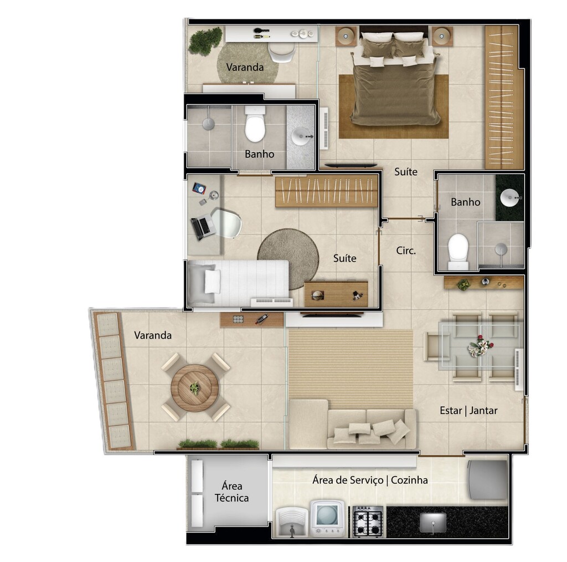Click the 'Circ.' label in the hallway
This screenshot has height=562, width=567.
406,251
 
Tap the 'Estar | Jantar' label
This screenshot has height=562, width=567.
468,410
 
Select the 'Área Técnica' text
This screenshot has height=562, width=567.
232,492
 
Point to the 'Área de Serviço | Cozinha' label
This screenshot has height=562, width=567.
370,480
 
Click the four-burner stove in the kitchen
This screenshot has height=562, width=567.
368,521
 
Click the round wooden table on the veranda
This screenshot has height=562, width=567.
194,388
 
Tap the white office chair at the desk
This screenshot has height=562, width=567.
226,223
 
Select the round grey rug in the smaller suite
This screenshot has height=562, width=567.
288,259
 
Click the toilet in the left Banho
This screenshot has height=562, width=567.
255,125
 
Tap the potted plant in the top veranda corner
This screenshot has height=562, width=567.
205,40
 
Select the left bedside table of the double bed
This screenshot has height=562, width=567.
347,36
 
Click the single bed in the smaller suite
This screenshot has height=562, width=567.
238,282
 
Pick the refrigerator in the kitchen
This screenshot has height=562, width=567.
487,480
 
